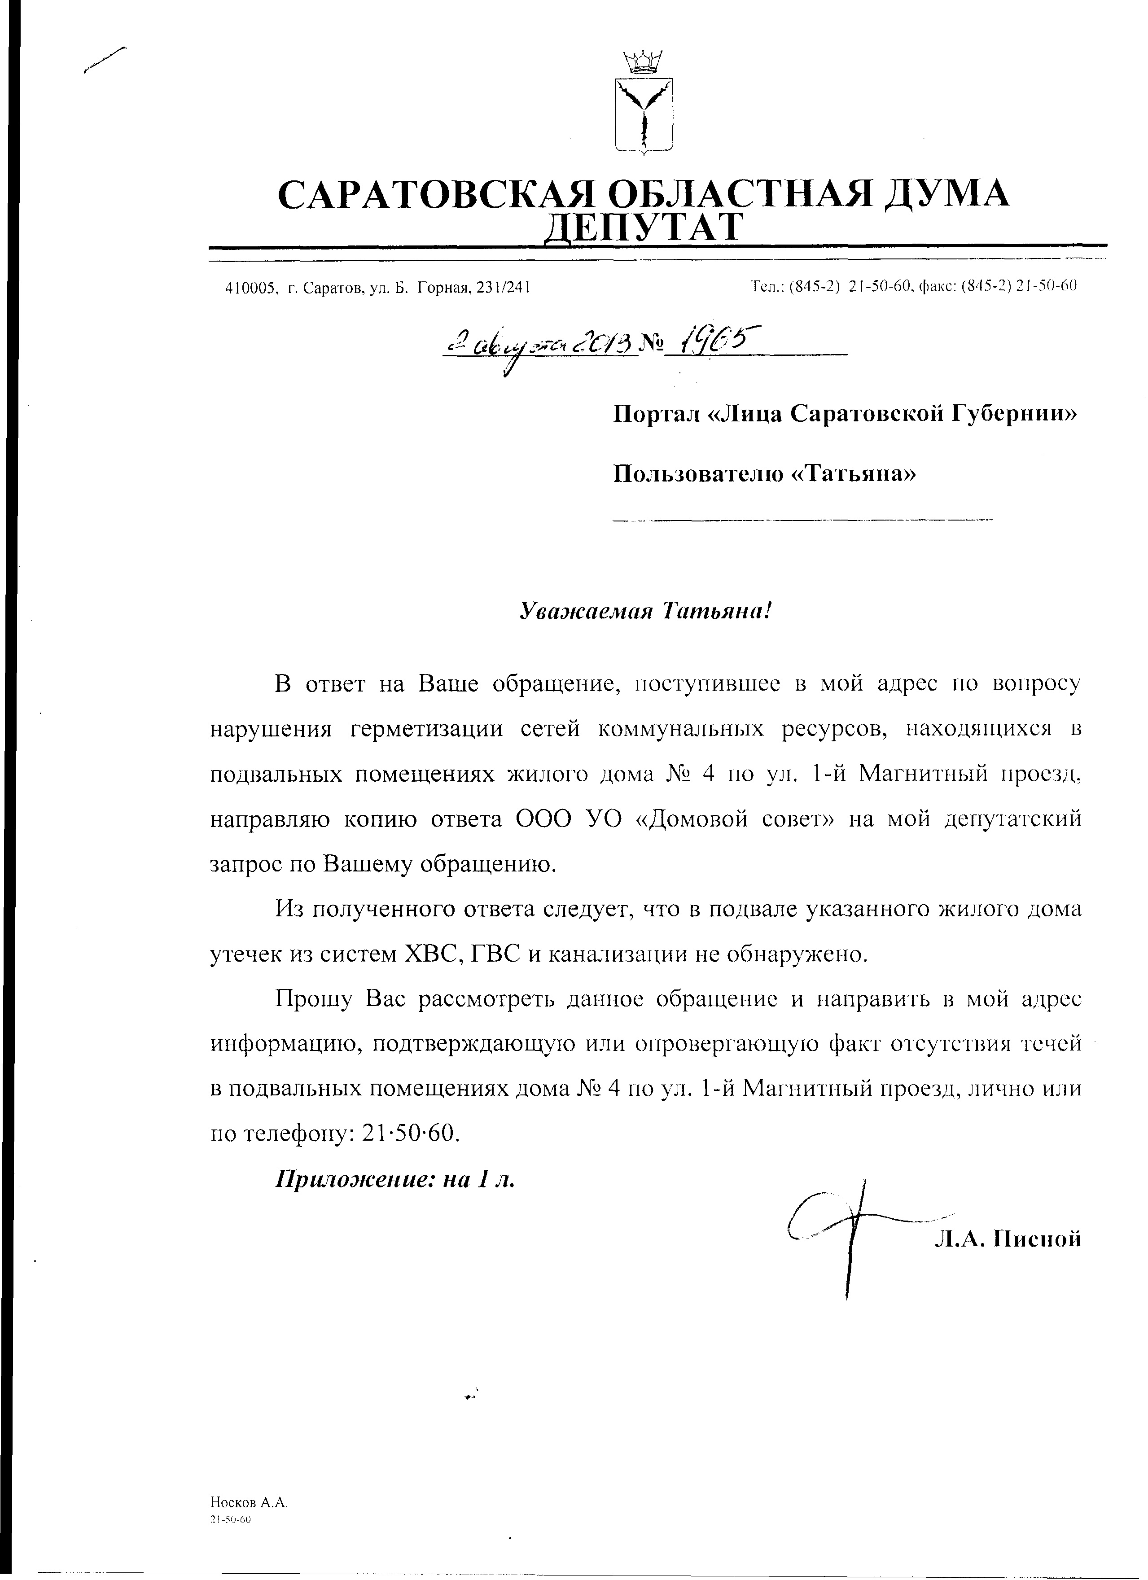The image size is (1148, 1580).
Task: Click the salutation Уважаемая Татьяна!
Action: pos(646,611)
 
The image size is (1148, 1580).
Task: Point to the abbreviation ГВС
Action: pos(496,954)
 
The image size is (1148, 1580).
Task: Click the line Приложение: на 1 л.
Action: pos(396,1179)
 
